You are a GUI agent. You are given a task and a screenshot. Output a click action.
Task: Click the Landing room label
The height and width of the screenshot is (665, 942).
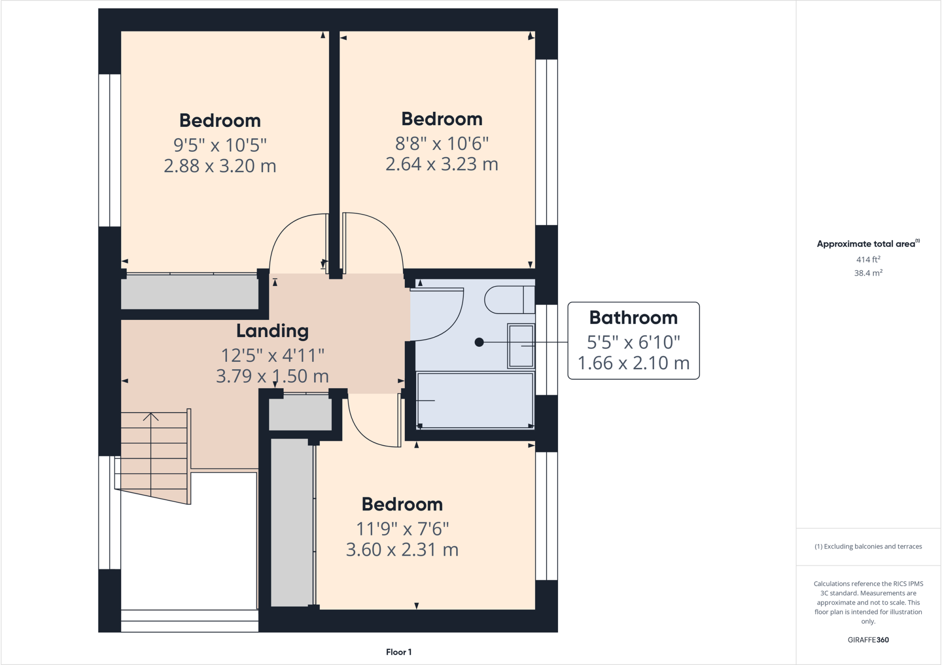(272, 331)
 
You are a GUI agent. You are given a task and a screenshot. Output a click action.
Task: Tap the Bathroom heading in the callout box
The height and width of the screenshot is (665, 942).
(633, 318)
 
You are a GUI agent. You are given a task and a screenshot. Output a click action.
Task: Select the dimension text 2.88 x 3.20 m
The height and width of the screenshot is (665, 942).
(220, 166)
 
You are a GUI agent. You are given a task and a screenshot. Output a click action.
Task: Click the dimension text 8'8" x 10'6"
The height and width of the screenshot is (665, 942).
(442, 143)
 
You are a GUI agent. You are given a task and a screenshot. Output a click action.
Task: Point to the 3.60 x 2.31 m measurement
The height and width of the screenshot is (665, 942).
(402, 550)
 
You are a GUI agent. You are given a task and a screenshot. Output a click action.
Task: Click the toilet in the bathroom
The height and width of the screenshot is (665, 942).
(508, 299)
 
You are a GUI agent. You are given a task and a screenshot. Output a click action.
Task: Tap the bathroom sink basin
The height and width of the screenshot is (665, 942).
(521, 346)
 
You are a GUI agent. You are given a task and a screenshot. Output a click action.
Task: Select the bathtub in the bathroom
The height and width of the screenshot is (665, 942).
(475, 401)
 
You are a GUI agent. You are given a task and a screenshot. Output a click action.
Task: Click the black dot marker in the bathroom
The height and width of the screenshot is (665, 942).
(479, 342)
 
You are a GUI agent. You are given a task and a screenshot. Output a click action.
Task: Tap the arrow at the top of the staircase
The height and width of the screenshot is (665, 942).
(151, 417)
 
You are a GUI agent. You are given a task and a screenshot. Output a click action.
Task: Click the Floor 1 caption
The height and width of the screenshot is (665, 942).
(398, 652)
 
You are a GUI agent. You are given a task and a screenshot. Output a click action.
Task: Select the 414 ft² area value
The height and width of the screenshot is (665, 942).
(868, 259)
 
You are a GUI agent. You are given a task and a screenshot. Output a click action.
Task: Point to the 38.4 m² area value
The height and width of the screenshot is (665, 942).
(868, 273)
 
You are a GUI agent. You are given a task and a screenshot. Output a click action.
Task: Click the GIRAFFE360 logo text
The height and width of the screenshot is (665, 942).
(868, 640)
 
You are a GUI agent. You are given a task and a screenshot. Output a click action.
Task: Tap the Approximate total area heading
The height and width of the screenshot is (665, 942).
(866, 244)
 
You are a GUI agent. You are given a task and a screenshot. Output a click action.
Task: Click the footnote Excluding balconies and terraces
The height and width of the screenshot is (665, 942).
(868, 546)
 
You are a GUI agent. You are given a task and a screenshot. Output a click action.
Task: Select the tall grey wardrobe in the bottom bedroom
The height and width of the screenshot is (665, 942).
(292, 522)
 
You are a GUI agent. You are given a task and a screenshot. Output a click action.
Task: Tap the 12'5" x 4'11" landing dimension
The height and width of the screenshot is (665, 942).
(272, 355)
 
